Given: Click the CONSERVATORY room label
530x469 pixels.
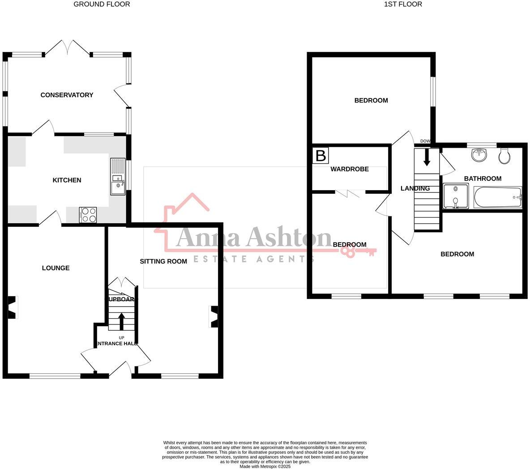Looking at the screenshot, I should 67,95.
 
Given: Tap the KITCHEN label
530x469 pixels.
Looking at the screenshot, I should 67,180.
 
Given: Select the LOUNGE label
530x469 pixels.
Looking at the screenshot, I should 56,268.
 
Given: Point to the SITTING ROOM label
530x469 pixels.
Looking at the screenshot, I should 163,261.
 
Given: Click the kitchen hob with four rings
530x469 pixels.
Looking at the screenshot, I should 88,214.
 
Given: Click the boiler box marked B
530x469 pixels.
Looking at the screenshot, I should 321,156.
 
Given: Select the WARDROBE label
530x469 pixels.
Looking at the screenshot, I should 350,169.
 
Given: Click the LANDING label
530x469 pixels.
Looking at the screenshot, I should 415,188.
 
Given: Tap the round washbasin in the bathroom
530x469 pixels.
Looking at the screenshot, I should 479,155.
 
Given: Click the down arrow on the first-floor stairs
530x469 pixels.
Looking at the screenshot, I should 427,157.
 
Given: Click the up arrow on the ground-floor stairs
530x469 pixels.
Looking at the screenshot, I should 121,321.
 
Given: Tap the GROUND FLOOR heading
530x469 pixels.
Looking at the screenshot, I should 102,4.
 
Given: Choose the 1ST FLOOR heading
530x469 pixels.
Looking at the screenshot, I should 403,4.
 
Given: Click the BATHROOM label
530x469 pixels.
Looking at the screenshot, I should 483,179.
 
